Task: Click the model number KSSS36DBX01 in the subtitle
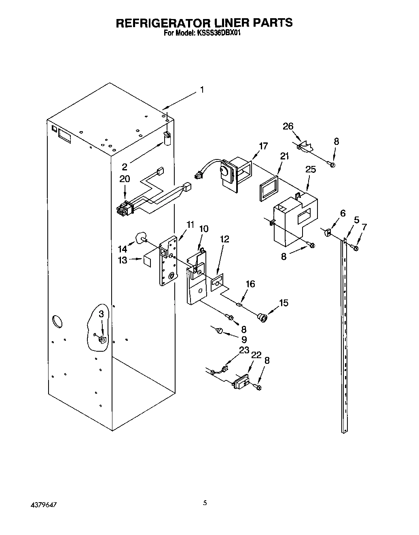tap(219, 34)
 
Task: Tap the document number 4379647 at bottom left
tap(43, 505)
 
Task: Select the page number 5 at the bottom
tap(205, 503)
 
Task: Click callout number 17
tap(263, 146)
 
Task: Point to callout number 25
tap(310, 169)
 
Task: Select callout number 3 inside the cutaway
tap(102, 314)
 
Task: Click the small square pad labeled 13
tap(147, 260)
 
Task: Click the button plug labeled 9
tap(220, 331)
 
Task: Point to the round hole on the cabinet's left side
tap(57, 322)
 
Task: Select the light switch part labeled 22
tap(241, 382)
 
